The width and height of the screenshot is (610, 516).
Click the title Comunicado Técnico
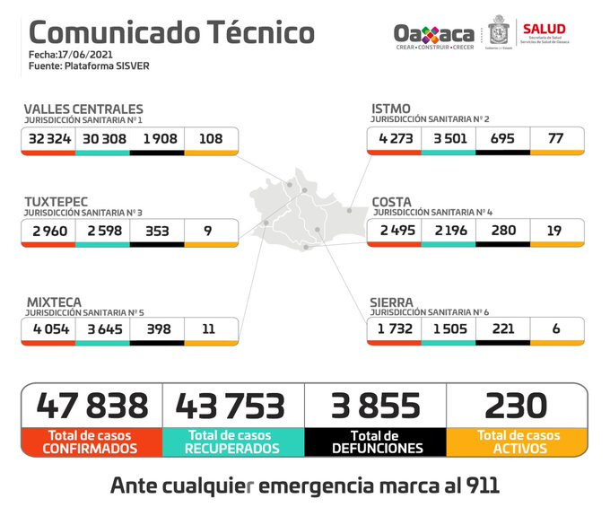(x=171, y=32)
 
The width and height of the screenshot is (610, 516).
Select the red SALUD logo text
(x=544, y=29)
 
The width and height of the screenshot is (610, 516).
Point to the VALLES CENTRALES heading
(x=83, y=109)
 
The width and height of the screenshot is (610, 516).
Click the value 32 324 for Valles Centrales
(x=49, y=139)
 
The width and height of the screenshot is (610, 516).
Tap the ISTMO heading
(x=391, y=109)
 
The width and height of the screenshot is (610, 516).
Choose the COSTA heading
(x=392, y=202)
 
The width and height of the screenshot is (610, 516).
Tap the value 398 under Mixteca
(x=156, y=329)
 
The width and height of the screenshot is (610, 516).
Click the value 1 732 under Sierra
(x=395, y=329)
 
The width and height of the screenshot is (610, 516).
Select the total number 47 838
(x=92, y=406)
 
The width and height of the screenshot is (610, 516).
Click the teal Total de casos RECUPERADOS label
(x=233, y=441)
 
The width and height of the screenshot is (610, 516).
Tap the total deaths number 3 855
(x=374, y=406)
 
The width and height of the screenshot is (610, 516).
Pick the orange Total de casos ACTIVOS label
(x=517, y=441)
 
